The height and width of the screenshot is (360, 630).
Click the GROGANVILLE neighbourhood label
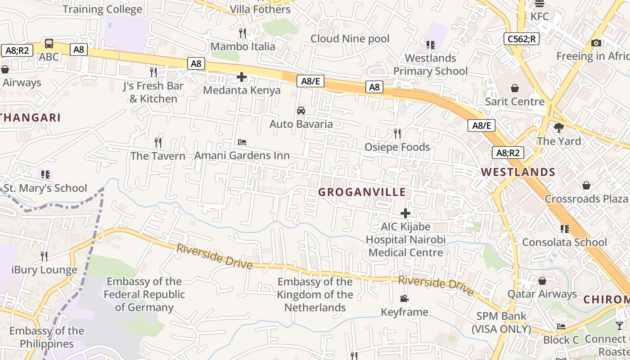(362, 192)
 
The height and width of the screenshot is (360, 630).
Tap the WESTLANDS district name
(518, 172)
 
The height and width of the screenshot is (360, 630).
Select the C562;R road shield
(522, 39)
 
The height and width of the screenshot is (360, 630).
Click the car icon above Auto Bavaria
(301, 110)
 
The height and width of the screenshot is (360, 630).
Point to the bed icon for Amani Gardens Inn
(242, 142)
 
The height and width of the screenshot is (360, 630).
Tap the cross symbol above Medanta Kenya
(242, 77)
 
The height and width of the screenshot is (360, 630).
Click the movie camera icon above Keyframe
(404, 298)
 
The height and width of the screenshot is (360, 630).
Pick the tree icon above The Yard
(559, 128)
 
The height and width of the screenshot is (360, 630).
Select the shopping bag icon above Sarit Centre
(515, 88)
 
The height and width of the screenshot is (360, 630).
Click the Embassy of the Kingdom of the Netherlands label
(315, 295)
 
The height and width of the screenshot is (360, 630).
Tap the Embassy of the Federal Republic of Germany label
(144, 295)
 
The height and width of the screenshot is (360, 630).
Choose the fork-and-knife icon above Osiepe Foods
(397, 133)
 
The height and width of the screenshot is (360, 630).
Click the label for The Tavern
(158, 156)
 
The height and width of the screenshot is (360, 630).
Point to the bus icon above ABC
(49, 44)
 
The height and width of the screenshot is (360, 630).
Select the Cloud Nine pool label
(350, 39)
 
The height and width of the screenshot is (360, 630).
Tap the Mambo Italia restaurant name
(243, 46)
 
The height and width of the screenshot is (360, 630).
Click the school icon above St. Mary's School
(45, 174)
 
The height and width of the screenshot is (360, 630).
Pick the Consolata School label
(564, 243)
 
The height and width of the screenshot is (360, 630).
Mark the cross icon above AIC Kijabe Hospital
(405, 213)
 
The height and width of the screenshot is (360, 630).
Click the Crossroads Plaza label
(586, 199)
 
